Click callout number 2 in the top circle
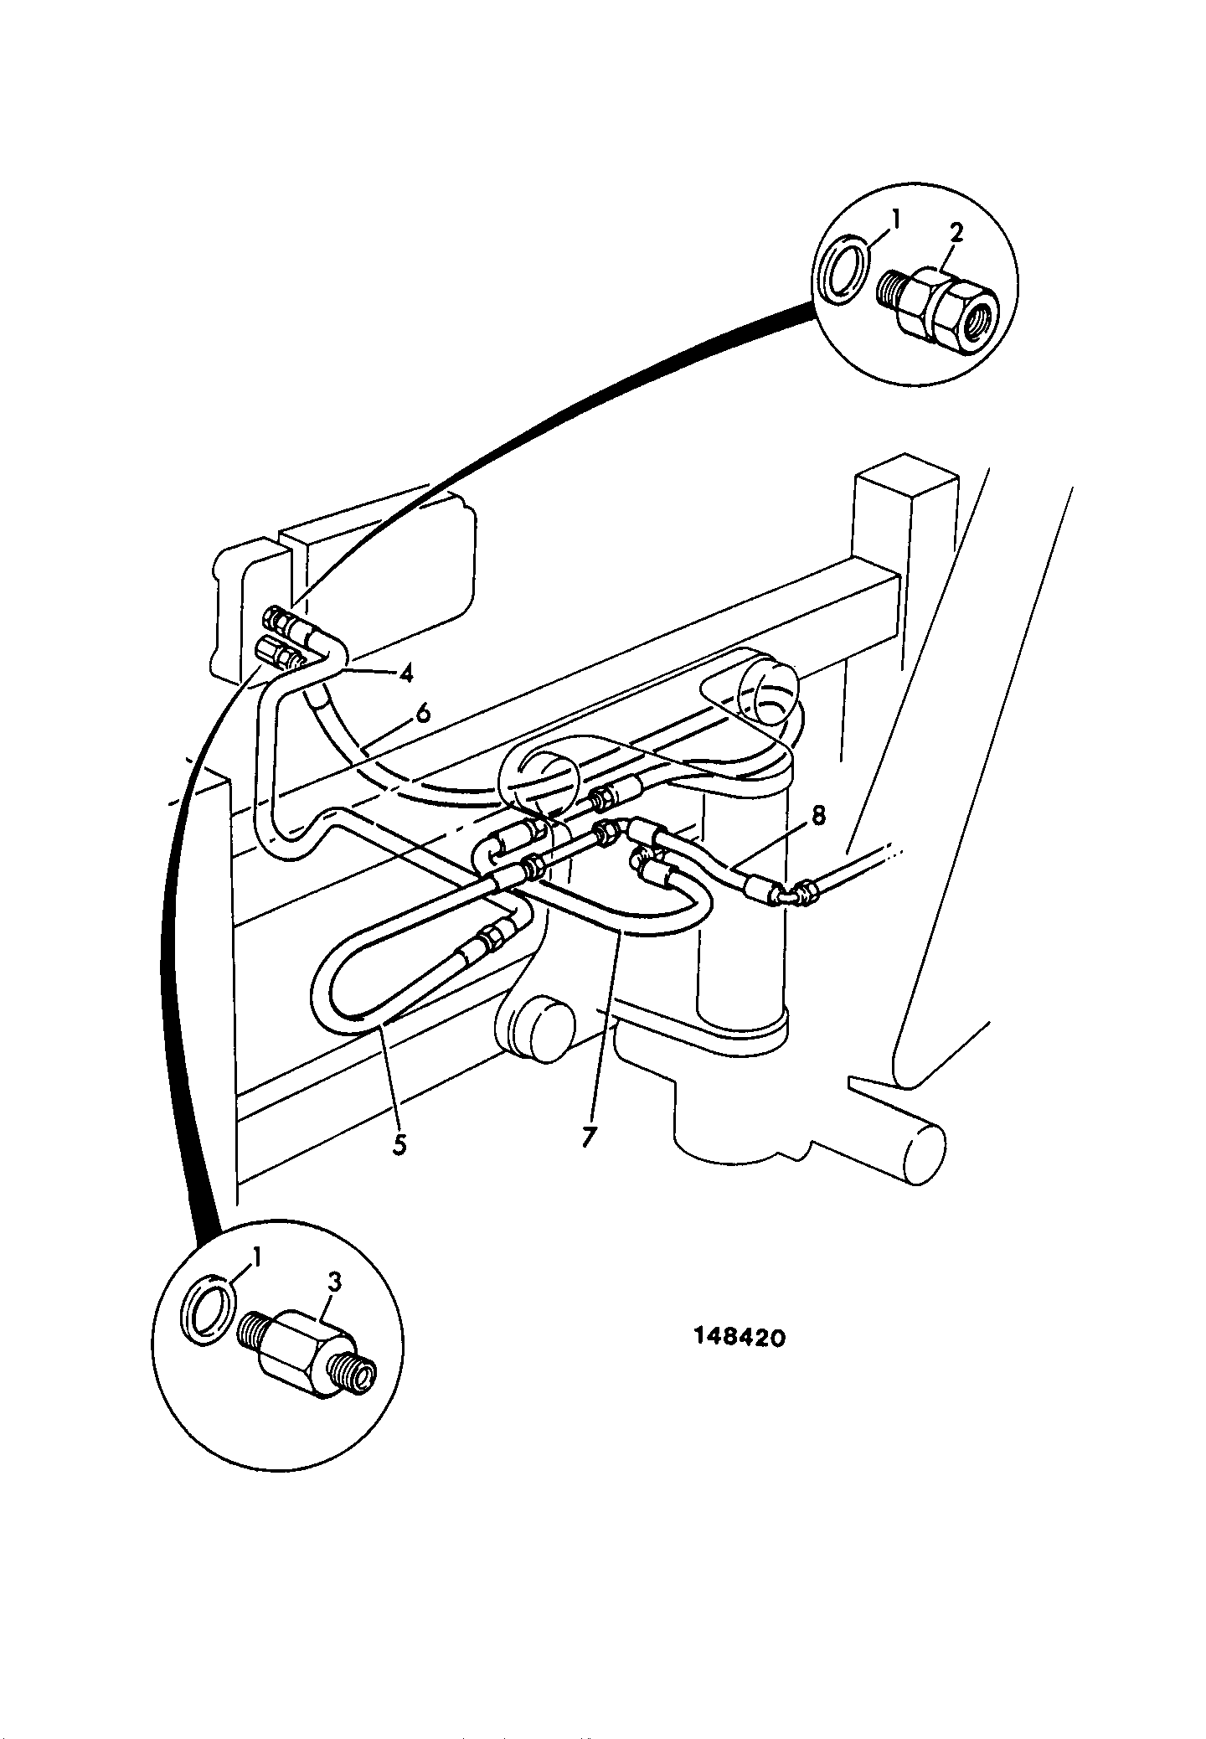[x=956, y=233]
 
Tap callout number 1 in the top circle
[x=894, y=222]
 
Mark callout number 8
[x=818, y=814]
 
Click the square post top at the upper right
[x=905, y=482]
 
